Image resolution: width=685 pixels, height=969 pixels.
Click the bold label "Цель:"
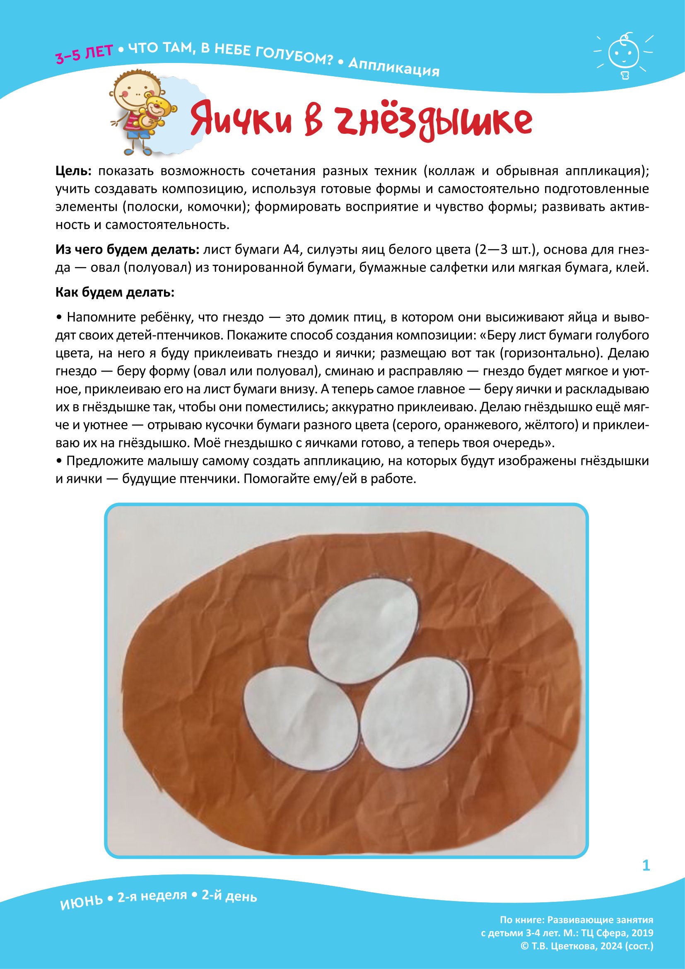[x=73, y=172]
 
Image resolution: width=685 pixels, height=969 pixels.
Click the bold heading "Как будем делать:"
[x=115, y=292]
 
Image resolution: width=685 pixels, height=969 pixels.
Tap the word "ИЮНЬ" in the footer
[x=82, y=903]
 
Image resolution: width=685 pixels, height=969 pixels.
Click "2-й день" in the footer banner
[x=229, y=896]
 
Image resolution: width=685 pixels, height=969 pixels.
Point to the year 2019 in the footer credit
[x=642, y=933]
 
